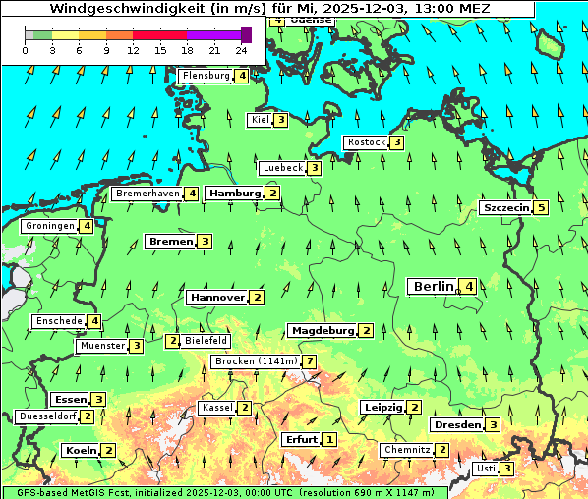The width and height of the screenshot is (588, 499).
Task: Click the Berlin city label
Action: pyautogui.click(x=433, y=286)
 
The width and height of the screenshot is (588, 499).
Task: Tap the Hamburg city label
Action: pyautogui.click(x=234, y=194)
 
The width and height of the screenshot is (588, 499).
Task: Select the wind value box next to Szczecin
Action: pyautogui.click(x=541, y=208)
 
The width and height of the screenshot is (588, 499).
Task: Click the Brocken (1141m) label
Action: pyautogui.click(x=255, y=361)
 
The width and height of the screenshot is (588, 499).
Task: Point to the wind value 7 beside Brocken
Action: pyautogui.click(x=310, y=361)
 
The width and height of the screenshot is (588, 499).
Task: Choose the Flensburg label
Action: pyautogui.click(x=206, y=76)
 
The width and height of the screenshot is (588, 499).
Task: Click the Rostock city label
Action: pyautogui.click(x=367, y=142)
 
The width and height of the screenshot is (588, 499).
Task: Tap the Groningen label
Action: pyautogui.click(x=50, y=226)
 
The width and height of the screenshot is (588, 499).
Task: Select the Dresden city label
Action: pyautogui.click(x=457, y=425)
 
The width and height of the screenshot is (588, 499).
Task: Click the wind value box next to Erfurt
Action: pyautogui.click(x=329, y=439)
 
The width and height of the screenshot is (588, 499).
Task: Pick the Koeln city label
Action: pyautogui.click(x=80, y=450)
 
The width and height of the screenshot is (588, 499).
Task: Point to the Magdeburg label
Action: pyautogui.click(x=322, y=330)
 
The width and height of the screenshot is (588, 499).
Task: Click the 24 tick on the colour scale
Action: pyautogui.click(x=242, y=49)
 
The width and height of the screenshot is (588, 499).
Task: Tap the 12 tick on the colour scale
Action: pyautogui.click(x=133, y=49)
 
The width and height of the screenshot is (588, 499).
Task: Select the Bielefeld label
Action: pyautogui.click(x=206, y=341)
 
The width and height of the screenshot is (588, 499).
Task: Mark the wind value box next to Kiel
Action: pyautogui.click(x=281, y=120)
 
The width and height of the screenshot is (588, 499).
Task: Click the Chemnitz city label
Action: pyautogui.click(x=407, y=450)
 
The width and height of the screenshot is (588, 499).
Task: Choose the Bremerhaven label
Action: pyautogui.click(x=147, y=194)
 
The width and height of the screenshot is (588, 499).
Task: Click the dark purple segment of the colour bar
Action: pyautogui.click(x=246, y=34)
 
